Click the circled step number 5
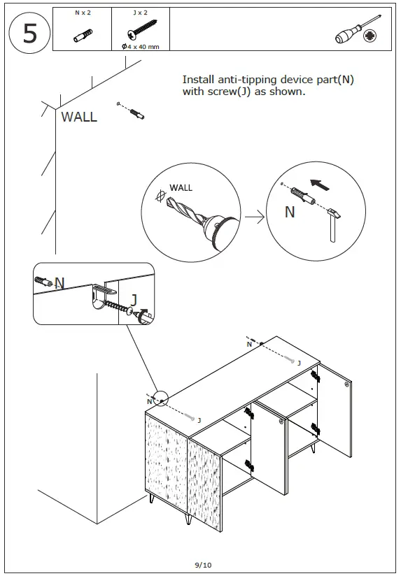tap(29, 33)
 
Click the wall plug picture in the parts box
tap(82, 36)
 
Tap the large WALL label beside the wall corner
tap(79, 117)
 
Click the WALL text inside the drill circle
tap(181, 187)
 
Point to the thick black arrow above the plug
tap(319, 185)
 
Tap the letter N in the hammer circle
tap(290, 212)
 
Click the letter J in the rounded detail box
tap(134, 299)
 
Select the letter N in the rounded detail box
tap(59, 283)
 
